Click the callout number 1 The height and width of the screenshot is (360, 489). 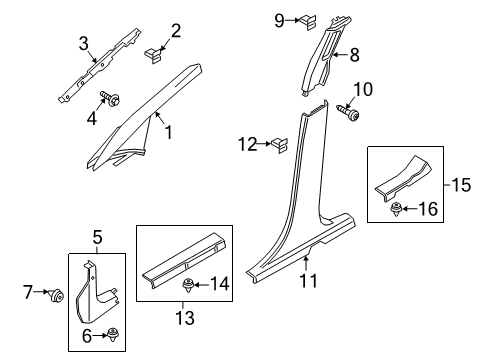(x=170, y=131)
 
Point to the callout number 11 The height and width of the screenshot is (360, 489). (x=309, y=282)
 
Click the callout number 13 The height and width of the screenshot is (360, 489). (x=180, y=319)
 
